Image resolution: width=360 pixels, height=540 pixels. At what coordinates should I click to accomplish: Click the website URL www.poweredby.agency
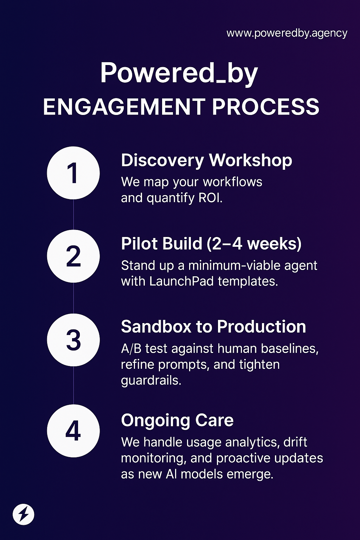pyautogui.click(x=287, y=33)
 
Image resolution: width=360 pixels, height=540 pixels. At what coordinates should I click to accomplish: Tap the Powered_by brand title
pyautogui.click(x=179, y=73)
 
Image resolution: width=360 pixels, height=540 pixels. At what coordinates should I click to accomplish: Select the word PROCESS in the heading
pyautogui.click(x=266, y=107)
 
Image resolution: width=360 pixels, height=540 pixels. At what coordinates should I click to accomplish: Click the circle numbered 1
pyautogui.click(x=73, y=173)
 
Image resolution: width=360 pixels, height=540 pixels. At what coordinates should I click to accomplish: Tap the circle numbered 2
pyautogui.click(x=73, y=256)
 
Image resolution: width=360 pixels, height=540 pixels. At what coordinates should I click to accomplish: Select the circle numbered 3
pyautogui.click(x=73, y=340)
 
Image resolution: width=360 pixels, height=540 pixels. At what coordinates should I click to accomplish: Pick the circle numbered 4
pyautogui.click(x=73, y=431)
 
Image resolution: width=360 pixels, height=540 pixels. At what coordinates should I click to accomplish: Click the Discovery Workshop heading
pyautogui.click(x=206, y=161)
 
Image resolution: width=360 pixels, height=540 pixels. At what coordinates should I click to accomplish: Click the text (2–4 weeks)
pyautogui.click(x=254, y=244)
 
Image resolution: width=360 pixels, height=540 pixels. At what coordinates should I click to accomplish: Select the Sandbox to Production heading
pyautogui.click(x=213, y=327)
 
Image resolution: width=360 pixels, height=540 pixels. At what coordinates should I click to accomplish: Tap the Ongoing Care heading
pyautogui.click(x=177, y=420)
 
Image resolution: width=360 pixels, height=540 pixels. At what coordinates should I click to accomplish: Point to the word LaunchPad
pyautogui.click(x=181, y=281)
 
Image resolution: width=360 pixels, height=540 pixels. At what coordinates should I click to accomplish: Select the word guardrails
pyautogui.click(x=150, y=380)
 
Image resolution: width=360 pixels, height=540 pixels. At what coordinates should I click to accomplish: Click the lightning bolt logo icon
pyautogui.click(x=24, y=515)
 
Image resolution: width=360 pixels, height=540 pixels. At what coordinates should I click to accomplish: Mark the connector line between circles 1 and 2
pyautogui.click(x=73, y=214)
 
